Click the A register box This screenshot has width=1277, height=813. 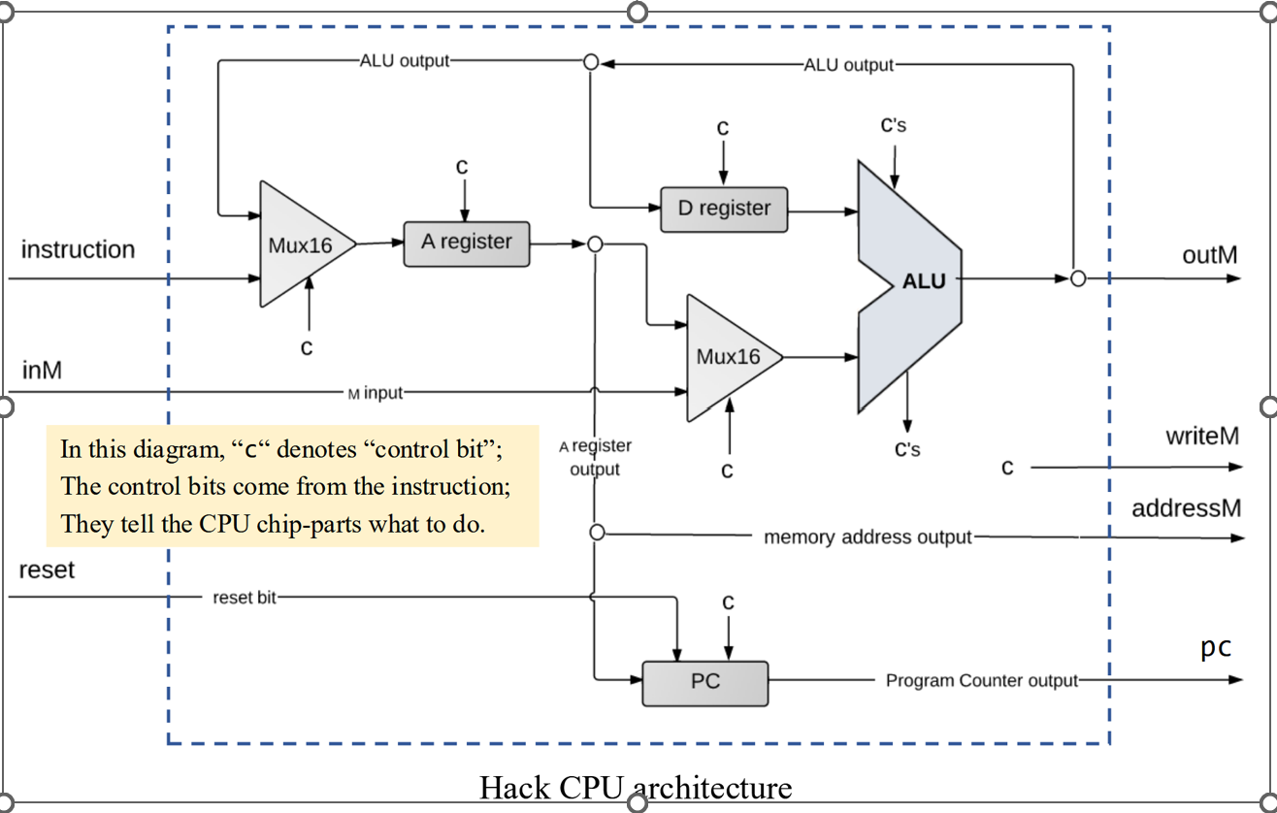click(467, 243)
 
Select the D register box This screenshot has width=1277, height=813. click(724, 209)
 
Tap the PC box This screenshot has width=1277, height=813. click(705, 682)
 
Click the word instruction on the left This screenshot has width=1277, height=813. click(78, 249)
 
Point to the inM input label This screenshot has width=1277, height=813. click(43, 370)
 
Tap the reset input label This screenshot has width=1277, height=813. click(47, 569)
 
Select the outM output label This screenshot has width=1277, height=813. click(1210, 255)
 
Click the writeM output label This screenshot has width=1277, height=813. click(1202, 436)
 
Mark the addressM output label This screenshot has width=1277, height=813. click(1186, 508)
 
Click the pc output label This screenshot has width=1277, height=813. click(1216, 647)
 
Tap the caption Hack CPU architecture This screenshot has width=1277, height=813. click(636, 786)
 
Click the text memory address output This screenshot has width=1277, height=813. click(868, 537)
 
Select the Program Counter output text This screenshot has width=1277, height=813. click(981, 680)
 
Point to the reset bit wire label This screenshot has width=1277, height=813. click(245, 598)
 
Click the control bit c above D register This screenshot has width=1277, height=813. click(723, 128)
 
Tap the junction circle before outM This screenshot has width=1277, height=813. click(1077, 278)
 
